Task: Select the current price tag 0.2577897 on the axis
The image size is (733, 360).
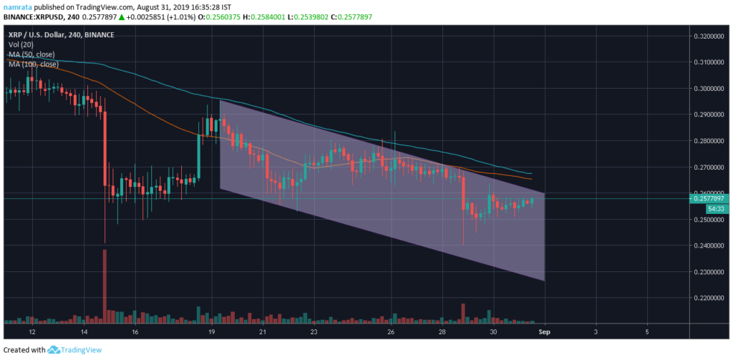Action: pyautogui.click(x=712, y=198)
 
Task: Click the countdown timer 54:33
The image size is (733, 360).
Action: pyautogui.click(x=717, y=208)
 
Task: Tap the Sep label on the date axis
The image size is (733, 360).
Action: pyautogui.click(x=545, y=333)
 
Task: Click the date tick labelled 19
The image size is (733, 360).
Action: pyautogui.click(x=211, y=333)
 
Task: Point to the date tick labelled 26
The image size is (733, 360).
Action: pyautogui.click(x=391, y=333)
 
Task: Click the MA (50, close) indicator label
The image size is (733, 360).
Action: pyautogui.click(x=32, y=54)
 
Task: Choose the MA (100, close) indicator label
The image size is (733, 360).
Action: pyautogui.click(x=34, y=64)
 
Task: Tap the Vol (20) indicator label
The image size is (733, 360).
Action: pyautogui.click(x=21, y=44)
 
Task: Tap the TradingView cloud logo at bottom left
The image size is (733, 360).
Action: pyautogui.click(x=54, y=350)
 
